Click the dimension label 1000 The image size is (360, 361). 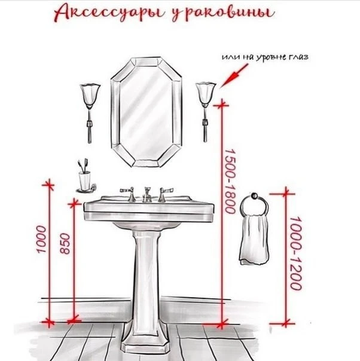click(41, 239)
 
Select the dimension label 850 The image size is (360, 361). click(65, 244)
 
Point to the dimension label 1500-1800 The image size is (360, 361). click(230, 181)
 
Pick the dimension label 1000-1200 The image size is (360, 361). click(295, 253)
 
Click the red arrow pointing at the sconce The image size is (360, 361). click(234, 76)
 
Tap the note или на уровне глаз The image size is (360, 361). click(265, 57)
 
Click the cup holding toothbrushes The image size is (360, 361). click(84, 180)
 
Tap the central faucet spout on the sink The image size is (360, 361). click(147, 195)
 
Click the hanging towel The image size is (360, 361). click(254, 240)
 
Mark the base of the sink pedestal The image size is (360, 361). click(145, 345)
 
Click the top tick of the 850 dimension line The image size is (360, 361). click(74, 204)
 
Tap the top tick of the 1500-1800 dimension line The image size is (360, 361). click(222, 105)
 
